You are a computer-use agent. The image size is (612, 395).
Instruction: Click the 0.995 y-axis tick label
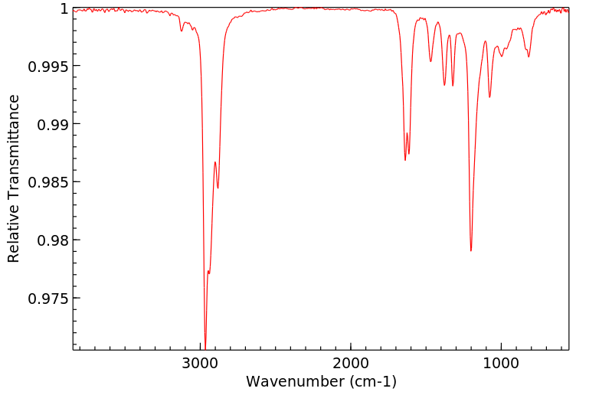(47, 66)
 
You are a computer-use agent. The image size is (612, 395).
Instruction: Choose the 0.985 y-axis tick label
(47, 182)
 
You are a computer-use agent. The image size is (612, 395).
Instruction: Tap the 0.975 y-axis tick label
(47, 299)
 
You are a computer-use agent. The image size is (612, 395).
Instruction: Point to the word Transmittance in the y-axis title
(14, 161)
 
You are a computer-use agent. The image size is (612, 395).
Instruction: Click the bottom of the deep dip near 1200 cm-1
(471, 250)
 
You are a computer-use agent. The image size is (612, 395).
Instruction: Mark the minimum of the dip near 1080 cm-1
(489, 97)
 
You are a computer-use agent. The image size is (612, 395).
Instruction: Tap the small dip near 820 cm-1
(529, 57)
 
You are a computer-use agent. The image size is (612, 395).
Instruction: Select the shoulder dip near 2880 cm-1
(218, 188)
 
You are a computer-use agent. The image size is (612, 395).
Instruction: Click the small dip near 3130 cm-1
(182, 31)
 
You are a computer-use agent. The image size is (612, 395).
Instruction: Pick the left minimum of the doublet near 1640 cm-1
(405, 160)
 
